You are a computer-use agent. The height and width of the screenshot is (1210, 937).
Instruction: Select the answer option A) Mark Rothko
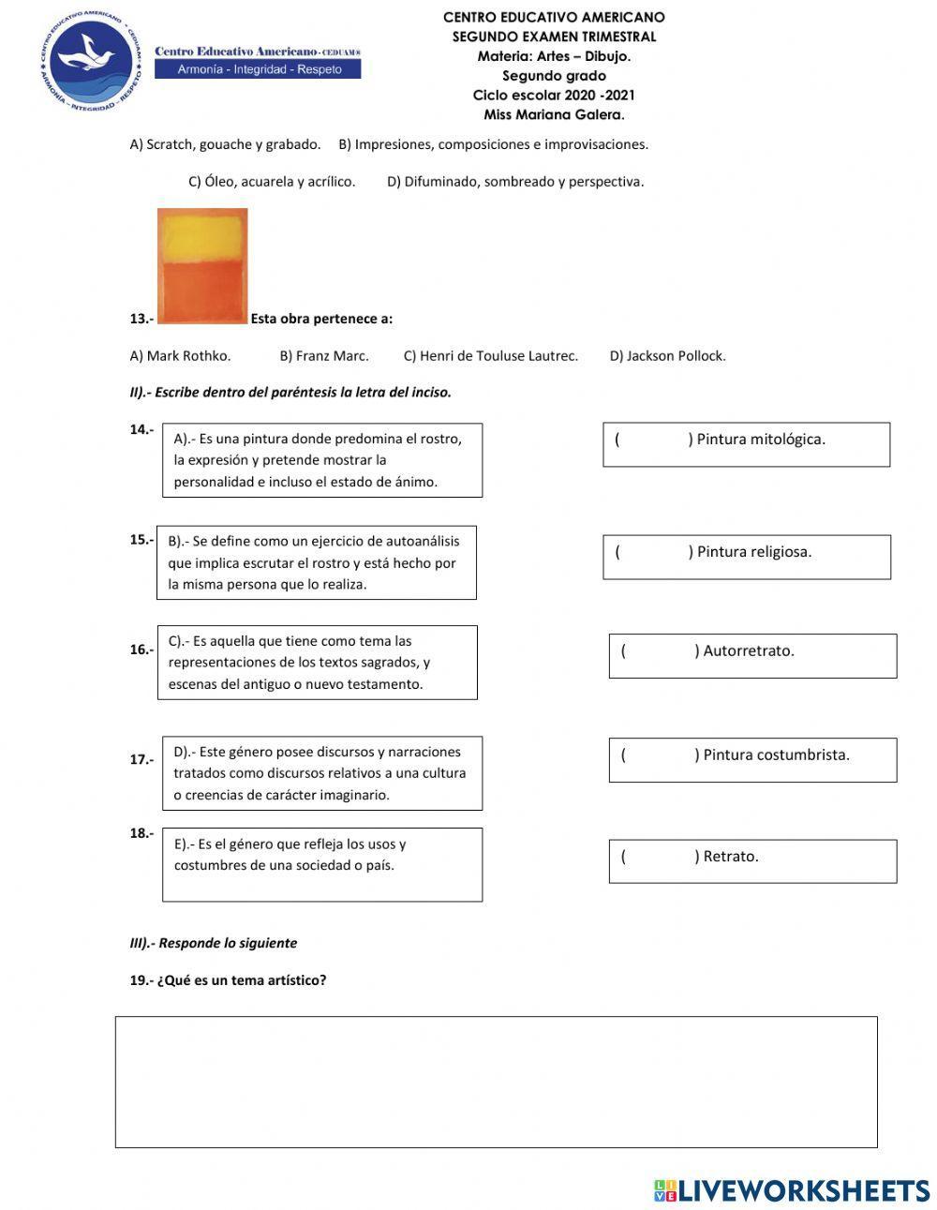pos(180,356)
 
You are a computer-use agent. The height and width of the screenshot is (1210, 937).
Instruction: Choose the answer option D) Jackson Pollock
pos(667,356)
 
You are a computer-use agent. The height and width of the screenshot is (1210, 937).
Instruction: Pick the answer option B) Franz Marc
pos(324,356)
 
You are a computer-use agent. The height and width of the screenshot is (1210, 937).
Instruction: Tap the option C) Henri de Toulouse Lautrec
pos(490,356)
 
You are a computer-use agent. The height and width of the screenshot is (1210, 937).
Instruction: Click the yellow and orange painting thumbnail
pos(202,266)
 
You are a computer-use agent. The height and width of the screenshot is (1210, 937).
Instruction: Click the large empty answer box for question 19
pos(496,1082)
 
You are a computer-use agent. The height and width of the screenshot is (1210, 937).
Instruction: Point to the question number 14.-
pos(141,430)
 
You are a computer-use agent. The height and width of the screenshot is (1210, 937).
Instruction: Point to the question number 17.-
pos(141,760)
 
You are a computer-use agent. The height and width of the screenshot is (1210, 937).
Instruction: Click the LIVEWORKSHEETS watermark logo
pos(792,1190)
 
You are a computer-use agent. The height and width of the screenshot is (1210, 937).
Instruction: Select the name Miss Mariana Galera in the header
pos(554,115)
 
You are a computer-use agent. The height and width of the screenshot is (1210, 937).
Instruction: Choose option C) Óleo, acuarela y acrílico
pos(272,182)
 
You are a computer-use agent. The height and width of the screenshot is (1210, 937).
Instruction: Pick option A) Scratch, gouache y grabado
pos(225,144)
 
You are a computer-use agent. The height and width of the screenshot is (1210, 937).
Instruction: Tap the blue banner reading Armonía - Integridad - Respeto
pos(258,69)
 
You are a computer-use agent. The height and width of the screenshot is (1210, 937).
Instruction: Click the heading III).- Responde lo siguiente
pos(214,944)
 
